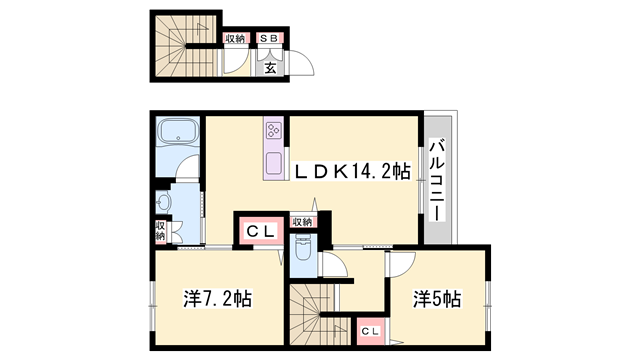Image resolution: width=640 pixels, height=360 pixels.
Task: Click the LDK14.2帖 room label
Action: tap(353, 172)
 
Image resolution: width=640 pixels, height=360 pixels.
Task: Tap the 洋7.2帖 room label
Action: tap(218, 298)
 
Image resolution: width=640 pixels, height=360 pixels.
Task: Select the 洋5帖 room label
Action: tap(437, 299)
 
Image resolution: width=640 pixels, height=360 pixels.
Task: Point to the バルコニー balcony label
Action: tap(437, 180)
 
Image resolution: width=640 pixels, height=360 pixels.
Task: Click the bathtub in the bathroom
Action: tap(178, 131)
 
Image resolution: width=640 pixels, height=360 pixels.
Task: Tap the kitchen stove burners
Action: tap(273, 131)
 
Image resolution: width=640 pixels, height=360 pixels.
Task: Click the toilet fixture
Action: tap(302, 248)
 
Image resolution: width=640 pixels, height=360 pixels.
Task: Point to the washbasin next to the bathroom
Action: tap(163, 202)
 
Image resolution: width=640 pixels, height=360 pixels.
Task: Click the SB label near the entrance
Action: tap(269, 38)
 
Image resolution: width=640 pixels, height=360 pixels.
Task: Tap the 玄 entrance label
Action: tap(270, 68)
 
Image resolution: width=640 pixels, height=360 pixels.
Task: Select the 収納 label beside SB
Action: tap(236, 38)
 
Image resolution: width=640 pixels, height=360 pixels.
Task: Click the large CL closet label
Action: tap(260, 232)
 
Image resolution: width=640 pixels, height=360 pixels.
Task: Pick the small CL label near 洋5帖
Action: tap(371, 331)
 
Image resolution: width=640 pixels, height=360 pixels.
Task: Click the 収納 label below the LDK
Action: tap(302, 222)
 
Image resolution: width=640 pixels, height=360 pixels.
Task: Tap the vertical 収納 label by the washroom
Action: tap(161, 231)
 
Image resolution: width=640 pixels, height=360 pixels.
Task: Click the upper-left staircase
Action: tap(186, 46)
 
